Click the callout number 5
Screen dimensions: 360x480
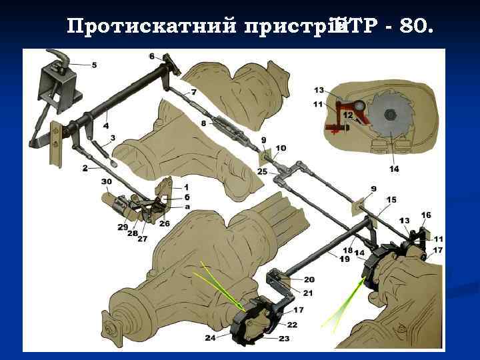94,65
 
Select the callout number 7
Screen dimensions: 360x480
193,91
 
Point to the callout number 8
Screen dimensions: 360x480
203,123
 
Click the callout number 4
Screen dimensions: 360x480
106,125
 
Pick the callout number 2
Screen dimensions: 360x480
85,169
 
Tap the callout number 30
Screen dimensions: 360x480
107,182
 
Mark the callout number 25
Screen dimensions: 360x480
262,172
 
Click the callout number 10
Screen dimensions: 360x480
281,147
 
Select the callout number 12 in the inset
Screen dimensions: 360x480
348,115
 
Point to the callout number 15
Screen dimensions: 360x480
391,199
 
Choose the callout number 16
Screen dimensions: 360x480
426,215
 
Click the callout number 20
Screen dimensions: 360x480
309,279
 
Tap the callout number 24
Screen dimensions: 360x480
211,337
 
